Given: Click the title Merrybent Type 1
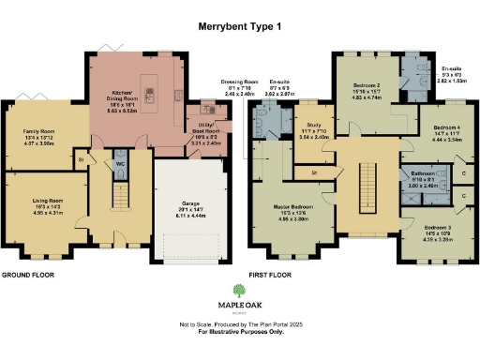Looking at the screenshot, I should point(240,30).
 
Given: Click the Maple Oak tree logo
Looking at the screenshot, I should point(240,291).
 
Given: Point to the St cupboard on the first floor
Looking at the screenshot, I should point(314,173).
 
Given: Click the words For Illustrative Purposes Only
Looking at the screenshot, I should point(240,333).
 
